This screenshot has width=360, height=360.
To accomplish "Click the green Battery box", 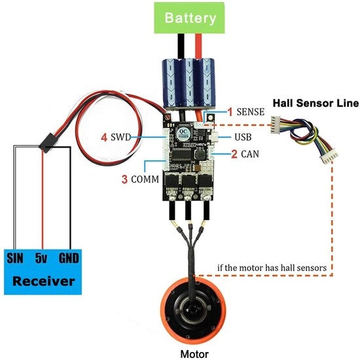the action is click(x=189, y=18).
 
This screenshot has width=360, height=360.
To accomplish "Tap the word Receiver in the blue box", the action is click(x=44, y=281).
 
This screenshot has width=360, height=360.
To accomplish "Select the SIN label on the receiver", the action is click(x=15, y=258).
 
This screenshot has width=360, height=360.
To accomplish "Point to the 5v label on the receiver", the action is click(x=41, y=259).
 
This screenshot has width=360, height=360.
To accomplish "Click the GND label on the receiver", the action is click(x=69, y=258).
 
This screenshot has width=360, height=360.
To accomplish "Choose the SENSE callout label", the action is click(x=251, y=112).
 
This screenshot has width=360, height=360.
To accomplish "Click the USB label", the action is click(x=243, y=137).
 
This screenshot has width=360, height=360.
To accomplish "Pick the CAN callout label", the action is click(x=250, y=154).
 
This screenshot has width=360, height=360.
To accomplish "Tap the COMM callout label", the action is click(x=145, y=179).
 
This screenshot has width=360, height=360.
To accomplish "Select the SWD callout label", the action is click(x=121, y=137).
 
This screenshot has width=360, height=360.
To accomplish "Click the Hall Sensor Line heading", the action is click(x=315, y=103).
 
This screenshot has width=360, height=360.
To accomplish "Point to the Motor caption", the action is click(x=194, y=354).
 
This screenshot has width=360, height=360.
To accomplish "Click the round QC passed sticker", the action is click(x=184, y=133).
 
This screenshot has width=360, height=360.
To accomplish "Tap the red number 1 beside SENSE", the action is click(x=230, y=112).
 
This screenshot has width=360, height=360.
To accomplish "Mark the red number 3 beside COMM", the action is click(x=124, y=179).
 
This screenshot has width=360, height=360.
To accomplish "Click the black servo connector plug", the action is click(x=48, y=143).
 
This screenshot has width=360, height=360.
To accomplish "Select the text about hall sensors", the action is click(x=272, y=268).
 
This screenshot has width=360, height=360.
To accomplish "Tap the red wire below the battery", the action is click(x=198, y=46).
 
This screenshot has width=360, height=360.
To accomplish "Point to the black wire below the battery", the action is click(x=181, y=46).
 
